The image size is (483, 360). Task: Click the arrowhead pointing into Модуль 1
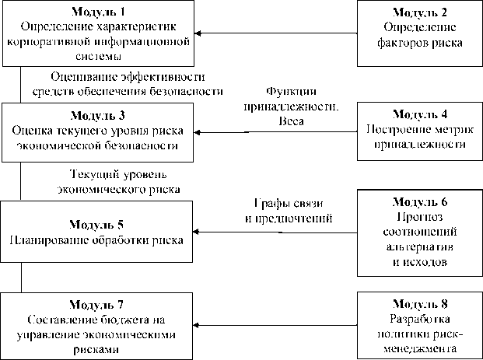(199, 33)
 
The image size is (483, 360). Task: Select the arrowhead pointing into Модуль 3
(199, 133)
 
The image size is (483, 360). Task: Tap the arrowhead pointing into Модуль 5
(199, 232)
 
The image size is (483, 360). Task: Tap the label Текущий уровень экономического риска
(118, 180)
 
